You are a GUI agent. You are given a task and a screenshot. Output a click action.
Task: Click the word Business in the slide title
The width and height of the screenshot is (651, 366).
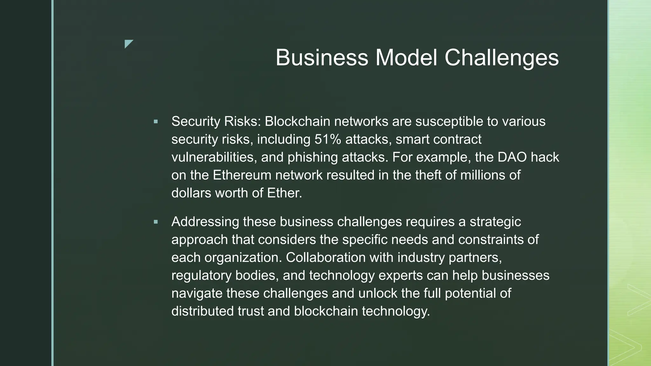pyautogui.click(x=322, y=58)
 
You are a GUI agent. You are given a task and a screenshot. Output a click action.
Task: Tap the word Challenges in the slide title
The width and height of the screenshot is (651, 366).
pyautogui.click(x=501, y=58)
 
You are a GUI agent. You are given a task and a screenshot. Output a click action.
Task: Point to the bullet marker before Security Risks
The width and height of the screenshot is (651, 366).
pyautogui.click(x=156, y=121)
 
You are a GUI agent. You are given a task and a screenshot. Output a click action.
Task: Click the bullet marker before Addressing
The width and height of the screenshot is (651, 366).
pyautogui.click(x=156, y=222)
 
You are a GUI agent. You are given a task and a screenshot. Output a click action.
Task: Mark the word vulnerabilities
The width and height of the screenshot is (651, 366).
pyautogui.click(x=214, y=157)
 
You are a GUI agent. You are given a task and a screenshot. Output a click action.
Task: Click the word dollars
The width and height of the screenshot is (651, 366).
pyautogui.click(x=191, y=193)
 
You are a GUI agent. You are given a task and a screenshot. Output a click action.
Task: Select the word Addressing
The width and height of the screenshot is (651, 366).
pyautogui.click(x=205, y=222)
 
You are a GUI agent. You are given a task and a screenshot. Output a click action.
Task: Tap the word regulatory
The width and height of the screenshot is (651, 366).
pyautogui.click(x=201, y=275)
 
